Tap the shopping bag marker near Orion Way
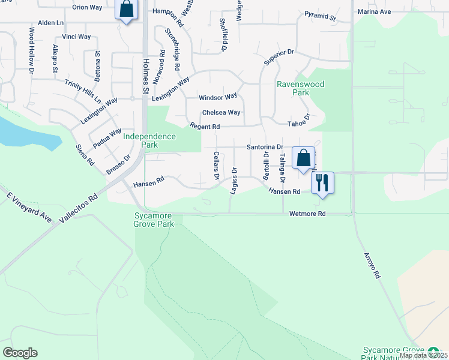126,10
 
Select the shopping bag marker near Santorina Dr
303,158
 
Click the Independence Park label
149,140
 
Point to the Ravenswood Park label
300,88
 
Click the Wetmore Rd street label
307,214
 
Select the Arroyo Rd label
372,264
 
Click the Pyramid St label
319,16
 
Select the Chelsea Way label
221,112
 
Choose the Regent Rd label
205,127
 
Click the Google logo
20,353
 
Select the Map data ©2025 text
423,355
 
